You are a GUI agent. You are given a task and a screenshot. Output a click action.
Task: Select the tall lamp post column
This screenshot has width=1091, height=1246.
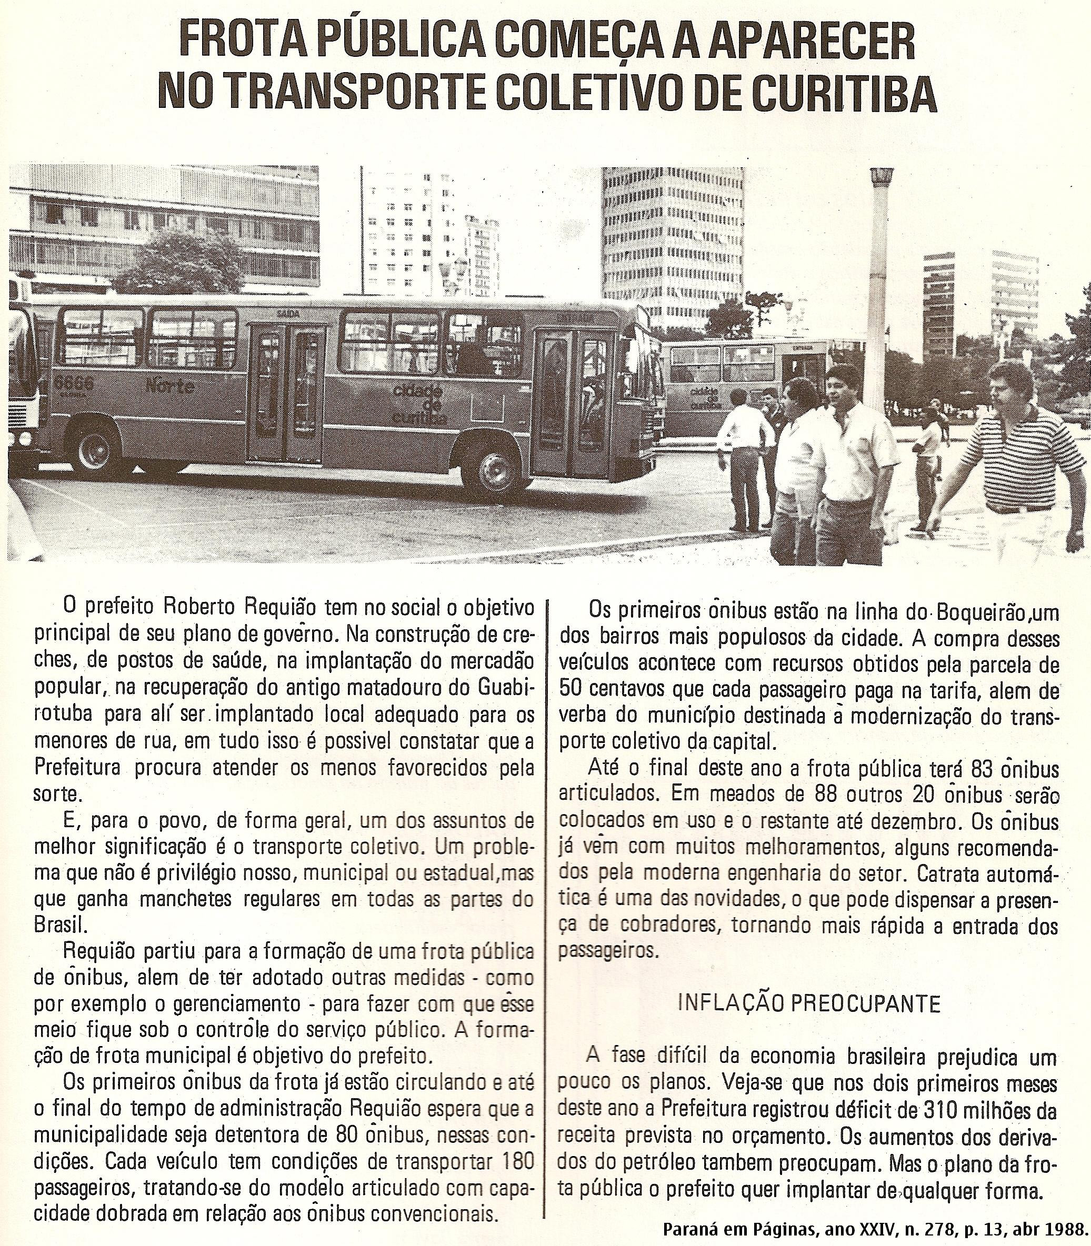point(879,274)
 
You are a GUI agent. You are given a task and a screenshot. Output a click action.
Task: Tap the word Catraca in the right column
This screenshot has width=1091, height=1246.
point(951,873)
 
